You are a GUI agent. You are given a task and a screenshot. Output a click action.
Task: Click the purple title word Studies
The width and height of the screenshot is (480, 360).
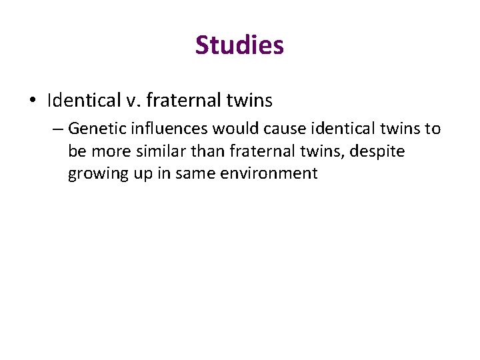[x=239, y=45]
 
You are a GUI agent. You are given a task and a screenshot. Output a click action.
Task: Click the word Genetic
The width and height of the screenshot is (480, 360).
[x=93, y=128]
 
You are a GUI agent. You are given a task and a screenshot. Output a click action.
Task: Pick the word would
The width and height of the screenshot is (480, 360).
[x=233, y=128]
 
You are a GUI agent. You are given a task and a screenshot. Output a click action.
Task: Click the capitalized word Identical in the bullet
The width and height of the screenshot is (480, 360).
[x=81, y=101]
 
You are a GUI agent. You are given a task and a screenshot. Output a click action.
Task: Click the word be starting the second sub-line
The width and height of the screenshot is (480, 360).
[x=76, y=151]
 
